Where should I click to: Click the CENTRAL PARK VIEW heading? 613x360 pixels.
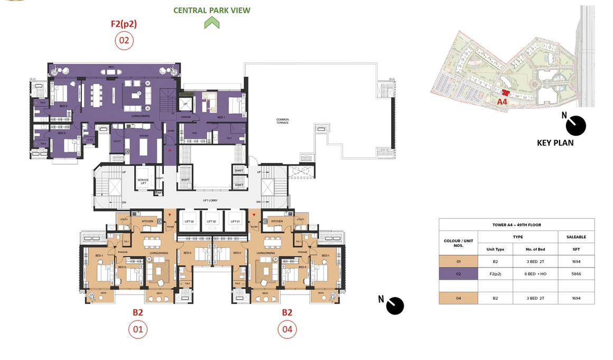(212, 10)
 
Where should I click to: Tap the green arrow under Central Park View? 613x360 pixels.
(212, 23)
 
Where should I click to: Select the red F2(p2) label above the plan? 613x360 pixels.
(124, 24)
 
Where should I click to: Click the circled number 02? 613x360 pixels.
(124, 41)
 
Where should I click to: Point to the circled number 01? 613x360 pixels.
(138, 330)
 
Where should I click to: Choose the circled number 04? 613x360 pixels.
(287, 330)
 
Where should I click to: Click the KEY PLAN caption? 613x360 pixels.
(555, 143)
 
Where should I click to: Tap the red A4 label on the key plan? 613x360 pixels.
(502, 101)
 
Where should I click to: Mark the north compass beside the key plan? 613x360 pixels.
(575, 125)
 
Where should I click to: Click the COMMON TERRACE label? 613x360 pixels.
(283, 121)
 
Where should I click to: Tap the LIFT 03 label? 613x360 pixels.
(189, 221)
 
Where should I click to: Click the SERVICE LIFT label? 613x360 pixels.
(143, 181)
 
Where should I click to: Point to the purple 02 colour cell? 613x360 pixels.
(458, 274)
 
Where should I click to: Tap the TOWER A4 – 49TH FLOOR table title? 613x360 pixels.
(516, 225)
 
